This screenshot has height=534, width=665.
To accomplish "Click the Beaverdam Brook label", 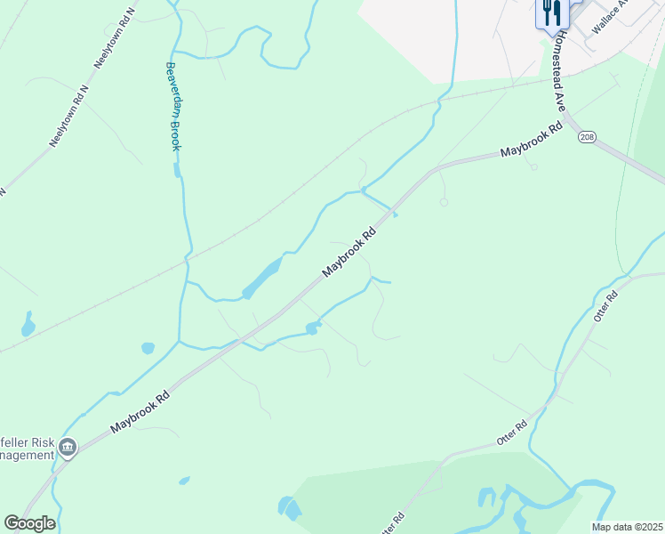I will pos(172,106).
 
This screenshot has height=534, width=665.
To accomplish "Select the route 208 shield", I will pos(586,137).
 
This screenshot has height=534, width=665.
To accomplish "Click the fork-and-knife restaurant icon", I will pos(550,13).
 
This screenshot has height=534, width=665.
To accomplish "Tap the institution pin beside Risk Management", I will pos(68,447).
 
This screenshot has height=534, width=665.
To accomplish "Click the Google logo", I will pos(29,523).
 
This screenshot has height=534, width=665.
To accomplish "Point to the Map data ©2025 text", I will pos(626,527).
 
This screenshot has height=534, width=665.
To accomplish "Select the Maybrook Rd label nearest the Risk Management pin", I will pos(140,414).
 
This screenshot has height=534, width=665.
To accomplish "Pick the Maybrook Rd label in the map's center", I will pos(350,250).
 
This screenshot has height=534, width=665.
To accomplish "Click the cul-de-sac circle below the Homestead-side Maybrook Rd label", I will pos(533,166).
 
